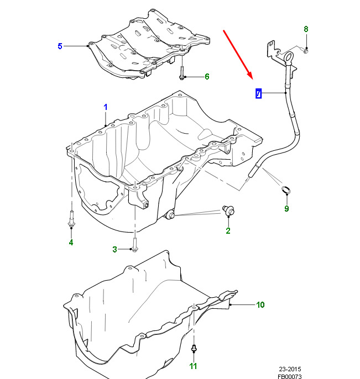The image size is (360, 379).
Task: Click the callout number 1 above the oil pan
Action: [106, 106]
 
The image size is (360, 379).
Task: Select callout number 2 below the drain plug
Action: [228, 231]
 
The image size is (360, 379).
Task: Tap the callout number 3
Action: [115, 250]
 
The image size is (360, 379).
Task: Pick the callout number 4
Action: [71, 242]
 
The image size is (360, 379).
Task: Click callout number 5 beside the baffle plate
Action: [60, 46]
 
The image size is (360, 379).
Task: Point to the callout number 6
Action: [207, 76]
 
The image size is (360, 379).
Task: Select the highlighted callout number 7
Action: [258, 93]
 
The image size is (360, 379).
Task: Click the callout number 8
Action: [306, 29]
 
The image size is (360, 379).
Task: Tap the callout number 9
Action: [286, 208]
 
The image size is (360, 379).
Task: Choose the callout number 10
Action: [260, 304]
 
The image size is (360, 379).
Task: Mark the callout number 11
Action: [193, 366]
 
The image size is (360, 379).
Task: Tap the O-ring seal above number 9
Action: [286, 191]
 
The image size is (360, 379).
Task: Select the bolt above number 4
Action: [71, 218]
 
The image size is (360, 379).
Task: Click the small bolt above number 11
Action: [194, 349]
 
